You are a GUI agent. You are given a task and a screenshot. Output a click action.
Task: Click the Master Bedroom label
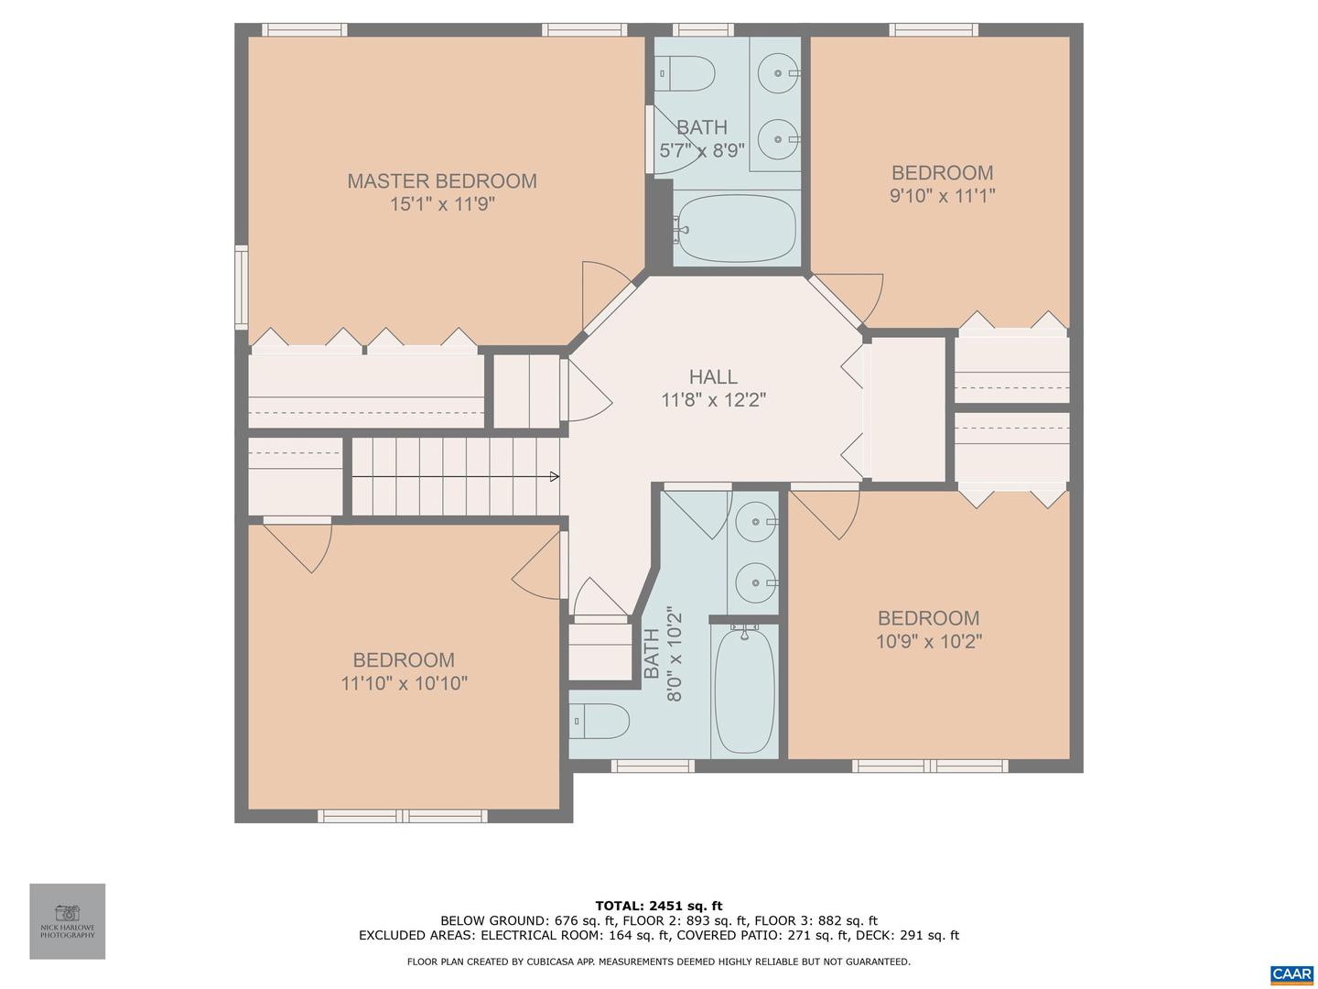tap(442, 180)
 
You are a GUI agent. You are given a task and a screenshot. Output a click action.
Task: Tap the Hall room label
tap(713, 376)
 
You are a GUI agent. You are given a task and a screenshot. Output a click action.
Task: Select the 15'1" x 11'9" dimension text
tap(442, 204)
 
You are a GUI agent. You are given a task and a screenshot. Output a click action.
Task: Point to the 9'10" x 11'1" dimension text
tap(942, 196)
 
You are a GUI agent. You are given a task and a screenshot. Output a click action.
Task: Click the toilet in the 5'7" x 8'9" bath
tap(684, 73)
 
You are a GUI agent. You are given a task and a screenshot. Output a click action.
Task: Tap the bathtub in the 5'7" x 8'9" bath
tap(737, 228)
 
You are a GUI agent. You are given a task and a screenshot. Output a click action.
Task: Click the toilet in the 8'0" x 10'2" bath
tap(600, 722)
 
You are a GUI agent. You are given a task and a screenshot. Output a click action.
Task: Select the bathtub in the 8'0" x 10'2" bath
tap(744, 690)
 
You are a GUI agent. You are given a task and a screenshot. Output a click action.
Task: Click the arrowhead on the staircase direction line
tap(555, 477)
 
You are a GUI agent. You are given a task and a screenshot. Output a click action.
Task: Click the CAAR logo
tap(1291, 973)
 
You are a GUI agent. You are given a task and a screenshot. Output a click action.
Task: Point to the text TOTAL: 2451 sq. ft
tap(659, 906)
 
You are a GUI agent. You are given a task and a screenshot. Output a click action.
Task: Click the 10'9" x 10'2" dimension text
tap(929, 642)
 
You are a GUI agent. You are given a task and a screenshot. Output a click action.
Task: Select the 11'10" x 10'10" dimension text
tap(405, 683)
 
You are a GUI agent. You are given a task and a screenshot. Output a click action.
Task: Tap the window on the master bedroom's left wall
tap(242, 287)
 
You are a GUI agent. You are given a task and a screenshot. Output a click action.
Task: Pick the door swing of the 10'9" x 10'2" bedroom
tap(825, 515)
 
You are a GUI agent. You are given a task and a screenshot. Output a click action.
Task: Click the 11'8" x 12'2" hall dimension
tap(713, 400)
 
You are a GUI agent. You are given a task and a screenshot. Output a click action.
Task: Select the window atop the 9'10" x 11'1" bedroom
tap(933, 30)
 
